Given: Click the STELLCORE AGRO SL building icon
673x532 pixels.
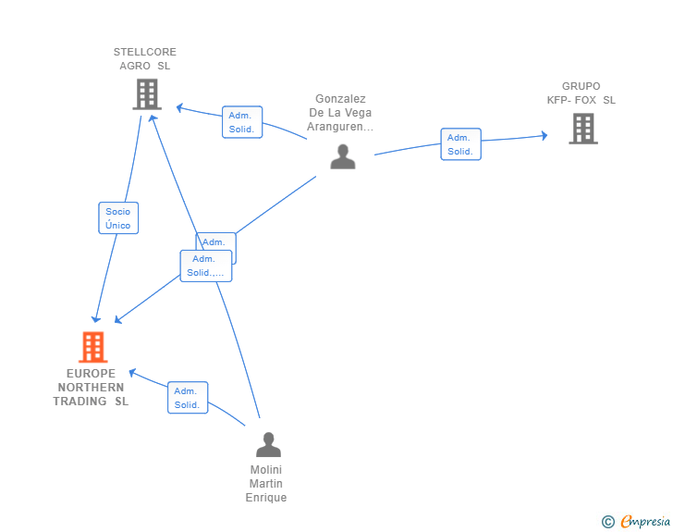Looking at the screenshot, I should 147,94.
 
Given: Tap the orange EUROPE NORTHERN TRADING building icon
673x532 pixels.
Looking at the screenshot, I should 93,347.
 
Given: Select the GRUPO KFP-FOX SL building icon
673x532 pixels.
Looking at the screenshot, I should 583,129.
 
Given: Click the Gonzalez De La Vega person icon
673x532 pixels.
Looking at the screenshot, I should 342,156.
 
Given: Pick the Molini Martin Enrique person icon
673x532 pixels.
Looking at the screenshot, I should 268,445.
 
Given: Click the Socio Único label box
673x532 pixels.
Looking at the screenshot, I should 118,218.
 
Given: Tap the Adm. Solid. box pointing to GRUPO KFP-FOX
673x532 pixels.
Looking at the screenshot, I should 460,144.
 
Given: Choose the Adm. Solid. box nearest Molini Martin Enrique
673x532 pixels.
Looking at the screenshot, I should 188,398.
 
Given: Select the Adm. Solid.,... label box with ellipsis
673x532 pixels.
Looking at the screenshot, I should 206,266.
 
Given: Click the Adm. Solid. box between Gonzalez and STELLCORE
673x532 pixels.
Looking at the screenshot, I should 242,122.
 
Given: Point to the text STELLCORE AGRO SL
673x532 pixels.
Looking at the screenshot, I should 145,59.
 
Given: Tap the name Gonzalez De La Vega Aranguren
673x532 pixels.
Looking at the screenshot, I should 341,113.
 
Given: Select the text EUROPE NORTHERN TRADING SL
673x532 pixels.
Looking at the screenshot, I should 91,388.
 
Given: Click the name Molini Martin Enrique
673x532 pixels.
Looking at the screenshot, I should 266,484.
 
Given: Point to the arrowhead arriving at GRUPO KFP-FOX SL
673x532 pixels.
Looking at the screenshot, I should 544,136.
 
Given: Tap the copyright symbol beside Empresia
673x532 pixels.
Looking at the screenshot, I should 607,522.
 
